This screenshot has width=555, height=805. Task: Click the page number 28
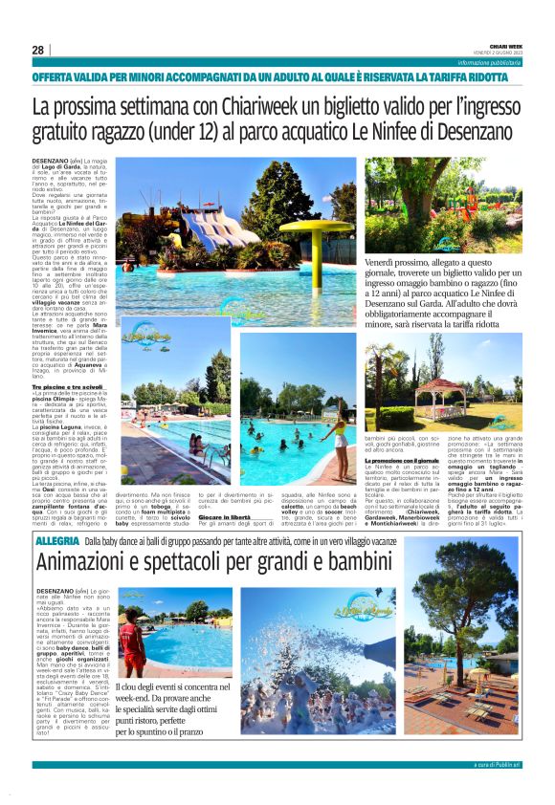point(37,50)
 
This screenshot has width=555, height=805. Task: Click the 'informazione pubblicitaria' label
point(490,62)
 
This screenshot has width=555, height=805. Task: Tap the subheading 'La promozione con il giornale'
point(401,461)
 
